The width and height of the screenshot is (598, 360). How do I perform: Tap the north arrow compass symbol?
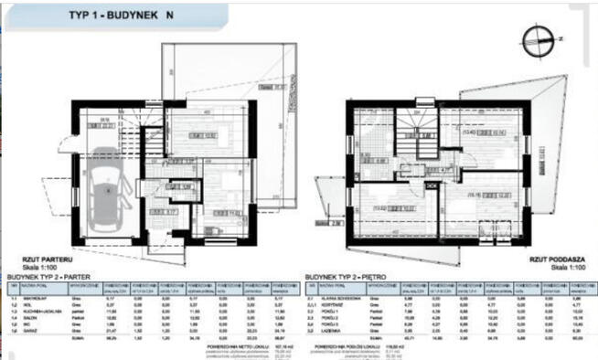tap(534, 38)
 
